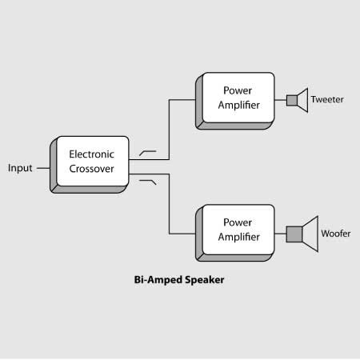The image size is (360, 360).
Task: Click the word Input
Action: tap(20, 168)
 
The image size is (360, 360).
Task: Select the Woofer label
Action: tap(334, 234)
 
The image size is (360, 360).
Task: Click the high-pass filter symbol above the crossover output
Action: tap(148, 151)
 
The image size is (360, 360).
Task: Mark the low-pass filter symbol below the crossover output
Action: tap(148, 183)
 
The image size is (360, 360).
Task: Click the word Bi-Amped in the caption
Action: tap(155, 281)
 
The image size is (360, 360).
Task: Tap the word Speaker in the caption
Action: tap(202, 281)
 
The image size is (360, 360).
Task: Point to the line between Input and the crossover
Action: tap(42, 168)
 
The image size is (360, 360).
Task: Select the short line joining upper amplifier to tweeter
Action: tap(280, 100)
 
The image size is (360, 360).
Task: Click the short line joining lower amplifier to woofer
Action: tap(280, 234)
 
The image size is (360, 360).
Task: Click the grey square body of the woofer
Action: tap(294, 234)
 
